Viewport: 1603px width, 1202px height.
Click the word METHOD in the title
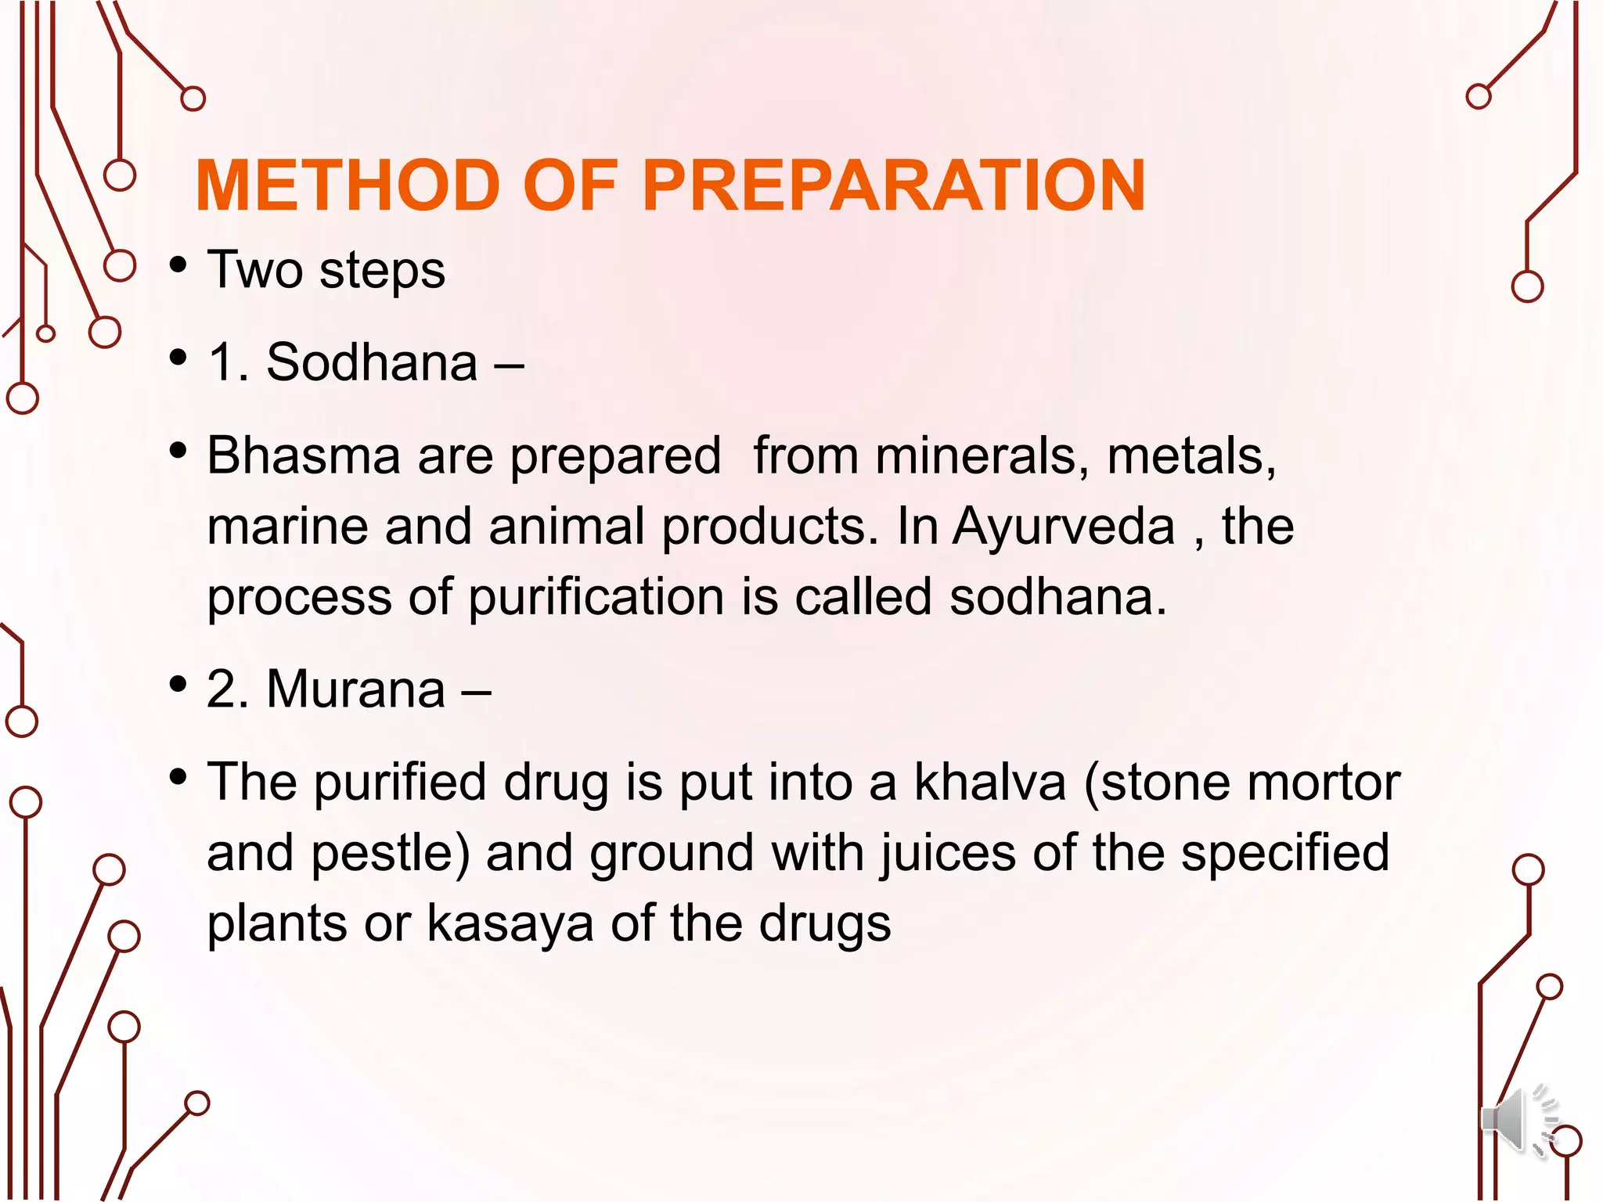[348, 185]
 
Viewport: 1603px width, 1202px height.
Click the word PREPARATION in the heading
[894, 185]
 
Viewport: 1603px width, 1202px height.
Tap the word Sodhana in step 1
[372, 362]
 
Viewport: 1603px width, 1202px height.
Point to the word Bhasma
[303, 455]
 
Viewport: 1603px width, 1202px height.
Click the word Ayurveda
[1064, 526]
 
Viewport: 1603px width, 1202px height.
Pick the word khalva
[990, 782]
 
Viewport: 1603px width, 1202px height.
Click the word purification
[596, 597]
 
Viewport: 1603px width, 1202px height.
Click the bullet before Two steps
[178, 265]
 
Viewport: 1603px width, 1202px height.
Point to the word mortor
[1323, 782]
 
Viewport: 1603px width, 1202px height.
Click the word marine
[287, 526]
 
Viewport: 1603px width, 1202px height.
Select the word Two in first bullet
[254, 270]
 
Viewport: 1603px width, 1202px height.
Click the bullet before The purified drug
[178, 777]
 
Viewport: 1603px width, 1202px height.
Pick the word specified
[1285, 853]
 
